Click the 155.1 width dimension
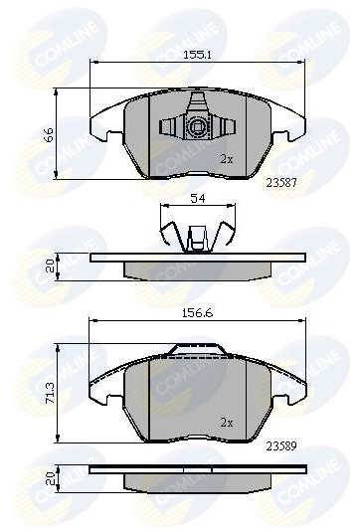[x=198, y=55]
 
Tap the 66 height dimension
[x=49, y=134]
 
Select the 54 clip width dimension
[x=198, y=199]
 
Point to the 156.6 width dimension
[x=198, y=313]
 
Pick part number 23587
[x=281, y=183]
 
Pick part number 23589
[x=281, y=446]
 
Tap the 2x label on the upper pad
[x=227, y=159]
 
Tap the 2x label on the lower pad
[x=227, y=423]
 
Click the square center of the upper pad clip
[x=197, y=127]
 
